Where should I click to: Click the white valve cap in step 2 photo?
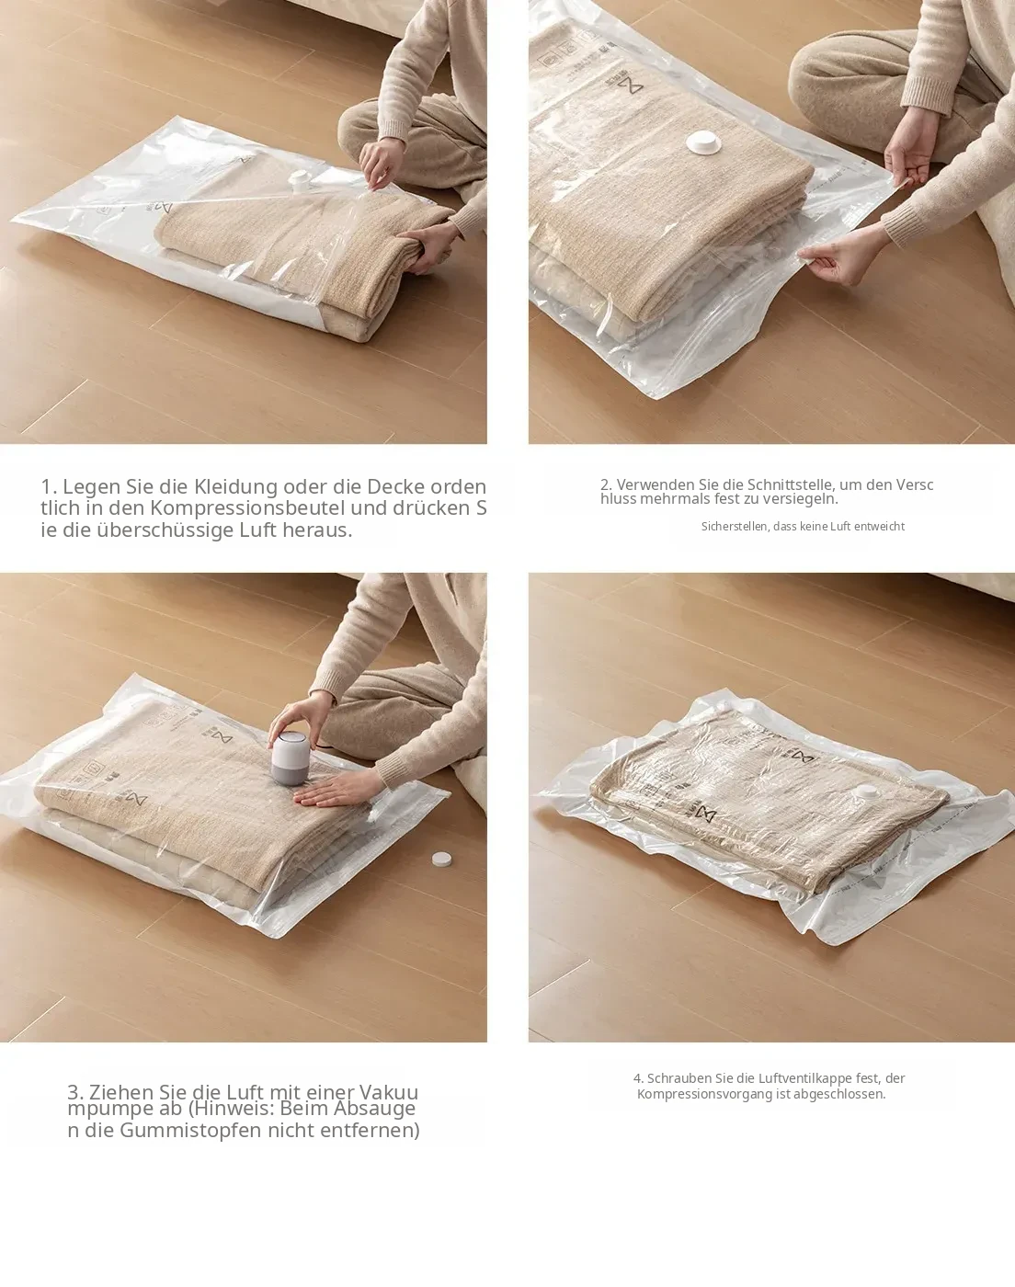[701, 142]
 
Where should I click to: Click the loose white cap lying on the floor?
[441, 860]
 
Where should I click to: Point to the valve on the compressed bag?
[866, 792]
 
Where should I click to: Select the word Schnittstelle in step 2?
[790, 484]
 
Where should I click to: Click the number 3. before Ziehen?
[75, 1092]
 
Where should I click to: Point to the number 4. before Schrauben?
[638, 1077]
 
